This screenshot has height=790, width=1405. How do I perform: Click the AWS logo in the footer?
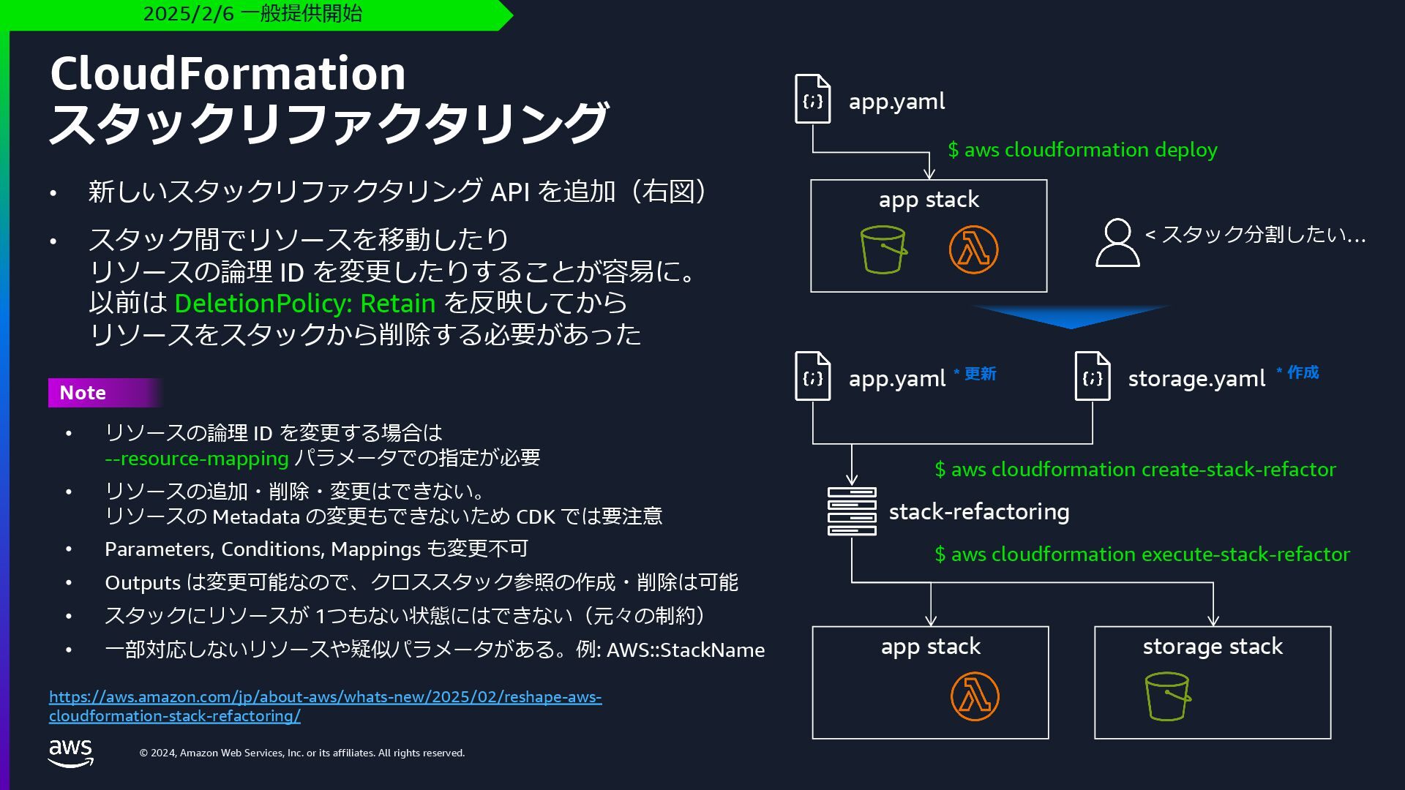(x=71, y=753)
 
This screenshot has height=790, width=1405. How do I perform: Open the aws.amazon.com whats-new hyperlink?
(x=325, y=706)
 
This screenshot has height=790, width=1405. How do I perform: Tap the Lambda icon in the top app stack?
(x=973, y=249)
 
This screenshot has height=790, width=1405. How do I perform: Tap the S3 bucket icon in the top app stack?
(x=883, y=249)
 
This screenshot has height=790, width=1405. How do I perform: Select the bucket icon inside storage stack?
(x=1167, y=696)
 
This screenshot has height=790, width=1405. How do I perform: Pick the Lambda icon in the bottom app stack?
(x=975, y=696)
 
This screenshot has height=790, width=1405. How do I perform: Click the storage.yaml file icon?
(x=1092, y=376)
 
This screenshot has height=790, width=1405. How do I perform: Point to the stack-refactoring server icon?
(x=852, y=511)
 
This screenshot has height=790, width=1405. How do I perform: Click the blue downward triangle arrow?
(x=1071, y=317)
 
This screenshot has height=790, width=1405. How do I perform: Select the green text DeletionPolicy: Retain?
(x=304, y=303)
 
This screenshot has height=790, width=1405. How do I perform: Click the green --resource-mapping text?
(x=197, y=459)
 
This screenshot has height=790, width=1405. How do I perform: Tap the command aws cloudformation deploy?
(x=1082, y=150)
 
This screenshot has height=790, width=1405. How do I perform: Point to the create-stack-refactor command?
(x=1135, y=470)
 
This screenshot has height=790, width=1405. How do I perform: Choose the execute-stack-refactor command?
(x=1142, y=554)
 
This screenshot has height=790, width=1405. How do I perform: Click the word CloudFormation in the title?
(x=228, y=73)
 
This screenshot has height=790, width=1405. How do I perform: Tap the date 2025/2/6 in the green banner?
(x=188, y=14)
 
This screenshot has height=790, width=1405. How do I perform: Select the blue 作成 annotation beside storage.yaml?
(x=1303, y=372)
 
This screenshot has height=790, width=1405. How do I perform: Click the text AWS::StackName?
(x=686, y=650)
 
